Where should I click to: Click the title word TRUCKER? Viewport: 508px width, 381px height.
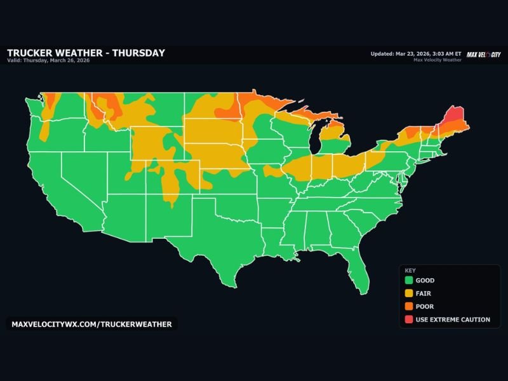click(x=30, y=53)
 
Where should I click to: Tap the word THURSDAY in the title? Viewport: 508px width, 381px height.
click(x=138, y=53)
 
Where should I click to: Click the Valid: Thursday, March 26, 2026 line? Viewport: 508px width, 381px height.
click(x=48, y=61)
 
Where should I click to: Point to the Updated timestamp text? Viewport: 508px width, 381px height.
click(x=416, y=53)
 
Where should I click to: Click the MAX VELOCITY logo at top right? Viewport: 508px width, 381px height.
click(x=483, y=54)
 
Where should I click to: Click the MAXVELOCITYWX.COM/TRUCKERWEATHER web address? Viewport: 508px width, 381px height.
click(x=91, y=324)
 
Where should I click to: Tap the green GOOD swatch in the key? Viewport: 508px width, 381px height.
click(x=408, y=280)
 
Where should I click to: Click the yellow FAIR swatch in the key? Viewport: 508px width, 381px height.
click(x=408, y=293)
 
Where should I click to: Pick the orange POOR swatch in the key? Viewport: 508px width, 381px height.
click(x=408, y=307)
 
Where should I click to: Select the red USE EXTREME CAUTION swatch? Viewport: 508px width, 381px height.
click(x=408, y=319)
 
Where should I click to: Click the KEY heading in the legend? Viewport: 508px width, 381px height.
click(x=410, y=270)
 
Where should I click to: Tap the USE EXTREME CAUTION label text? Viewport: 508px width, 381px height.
click(x=453, y=319)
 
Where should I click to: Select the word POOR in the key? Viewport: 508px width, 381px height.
click(x=425, y=307)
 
